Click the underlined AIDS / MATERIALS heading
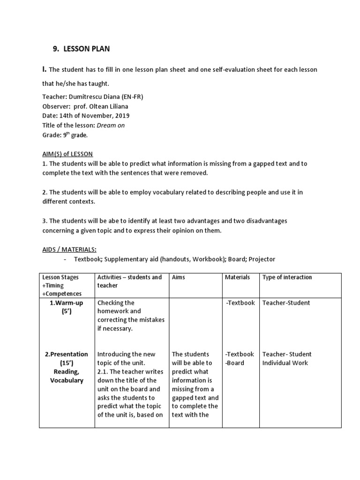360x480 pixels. (x=73, y=249)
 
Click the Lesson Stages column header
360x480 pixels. (x=60, y=277)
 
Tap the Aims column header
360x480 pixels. (x=179, y=277)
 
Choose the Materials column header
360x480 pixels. (x=237, y=277)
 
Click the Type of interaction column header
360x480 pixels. (x=287, y=277)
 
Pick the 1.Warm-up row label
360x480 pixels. (x=66, y=303)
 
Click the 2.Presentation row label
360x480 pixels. (x=66, y=354)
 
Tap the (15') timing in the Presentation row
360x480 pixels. (x=66, y=363)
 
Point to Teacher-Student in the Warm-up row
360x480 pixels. (x=286, y=303)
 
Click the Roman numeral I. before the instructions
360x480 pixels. (x=45, y=69)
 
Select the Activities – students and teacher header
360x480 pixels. (x=129, y=281)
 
